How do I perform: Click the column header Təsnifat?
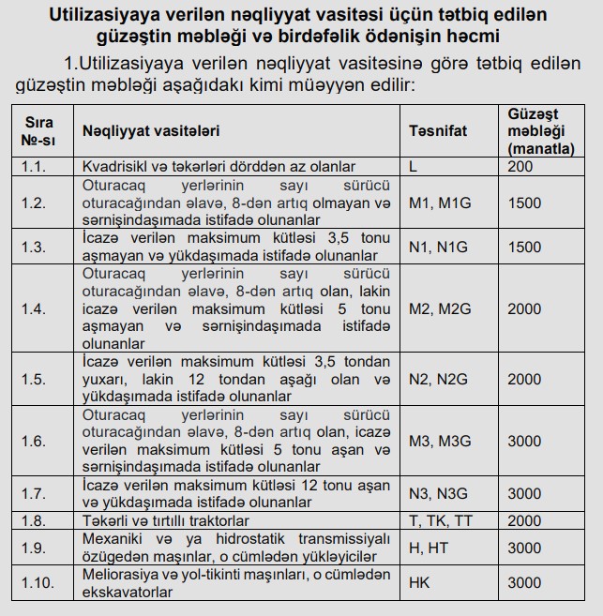(438, 131)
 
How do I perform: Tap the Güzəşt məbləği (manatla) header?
(540, 131)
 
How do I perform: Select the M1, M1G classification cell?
(441, 203)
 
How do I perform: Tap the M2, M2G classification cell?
(441, 308)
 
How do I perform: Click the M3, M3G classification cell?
(441, 441)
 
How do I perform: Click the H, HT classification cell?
(430, 548)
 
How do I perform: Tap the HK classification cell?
(419, 582)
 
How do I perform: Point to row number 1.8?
(34, 520)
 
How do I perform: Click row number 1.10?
(37, 582)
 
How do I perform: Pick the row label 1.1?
(34, 166)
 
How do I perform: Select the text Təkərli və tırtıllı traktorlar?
(166, 520)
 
